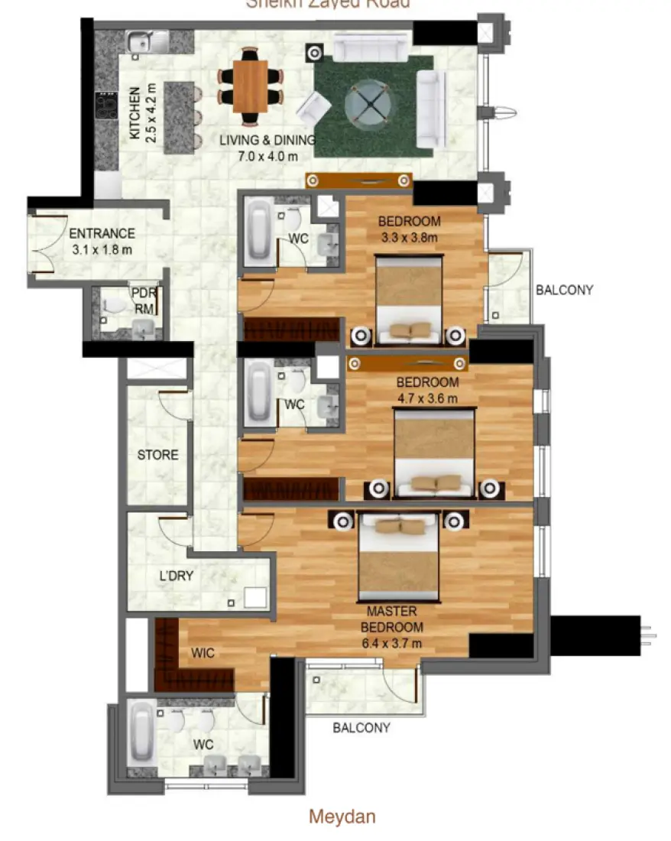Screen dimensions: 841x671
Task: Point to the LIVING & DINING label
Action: coord(267,141)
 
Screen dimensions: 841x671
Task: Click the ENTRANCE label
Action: coord(102,234)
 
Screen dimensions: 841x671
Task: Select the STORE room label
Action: coord(157,455)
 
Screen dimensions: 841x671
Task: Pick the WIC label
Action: coord(202,653)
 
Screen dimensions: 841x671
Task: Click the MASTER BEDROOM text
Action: coord(391,619)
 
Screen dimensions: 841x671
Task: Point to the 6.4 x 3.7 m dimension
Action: coord(391,643)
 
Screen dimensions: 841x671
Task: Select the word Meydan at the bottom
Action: coord(342,817)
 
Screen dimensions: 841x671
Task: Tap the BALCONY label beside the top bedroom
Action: coord(564,290)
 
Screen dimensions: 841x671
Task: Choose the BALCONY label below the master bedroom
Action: coord(361,728)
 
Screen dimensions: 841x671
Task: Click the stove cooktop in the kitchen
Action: coord(104,105)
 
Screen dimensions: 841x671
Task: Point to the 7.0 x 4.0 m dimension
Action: coord(267,155)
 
